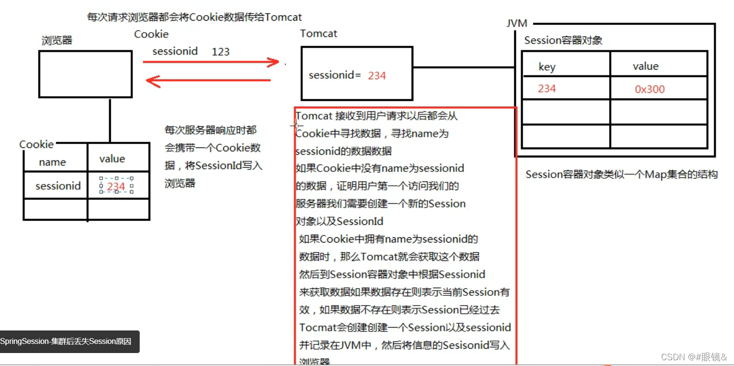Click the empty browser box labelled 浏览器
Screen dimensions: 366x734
click(x=85, y=74)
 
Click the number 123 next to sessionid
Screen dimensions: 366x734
click(x=220, y=52)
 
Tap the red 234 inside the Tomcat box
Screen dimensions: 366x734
click(x=377, y=76)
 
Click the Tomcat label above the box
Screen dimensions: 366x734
click(x=318, y=34)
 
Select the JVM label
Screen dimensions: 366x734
click(x=517, y=23)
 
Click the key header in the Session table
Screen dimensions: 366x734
click(x=547, y=67)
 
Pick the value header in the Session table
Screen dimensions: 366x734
click(x=645, y=66)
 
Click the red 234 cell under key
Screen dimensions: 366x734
click(x=547, y=88)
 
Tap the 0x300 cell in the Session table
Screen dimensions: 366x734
click(x=650, y=89)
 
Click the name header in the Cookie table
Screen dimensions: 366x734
click(x=52, y=162)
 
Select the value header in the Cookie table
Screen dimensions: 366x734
click(x=112, y=159)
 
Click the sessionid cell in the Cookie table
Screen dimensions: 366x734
click(x=58, y=186)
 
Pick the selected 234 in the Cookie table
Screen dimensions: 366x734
click(x=116, y=186)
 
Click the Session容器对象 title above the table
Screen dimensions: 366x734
click(x=563, y=40)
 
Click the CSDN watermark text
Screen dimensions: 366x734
click(x=694, y=357)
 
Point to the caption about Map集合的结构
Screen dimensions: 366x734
click(x=621, y=174)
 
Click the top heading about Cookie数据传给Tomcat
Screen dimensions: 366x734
click(x=194, y=17)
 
